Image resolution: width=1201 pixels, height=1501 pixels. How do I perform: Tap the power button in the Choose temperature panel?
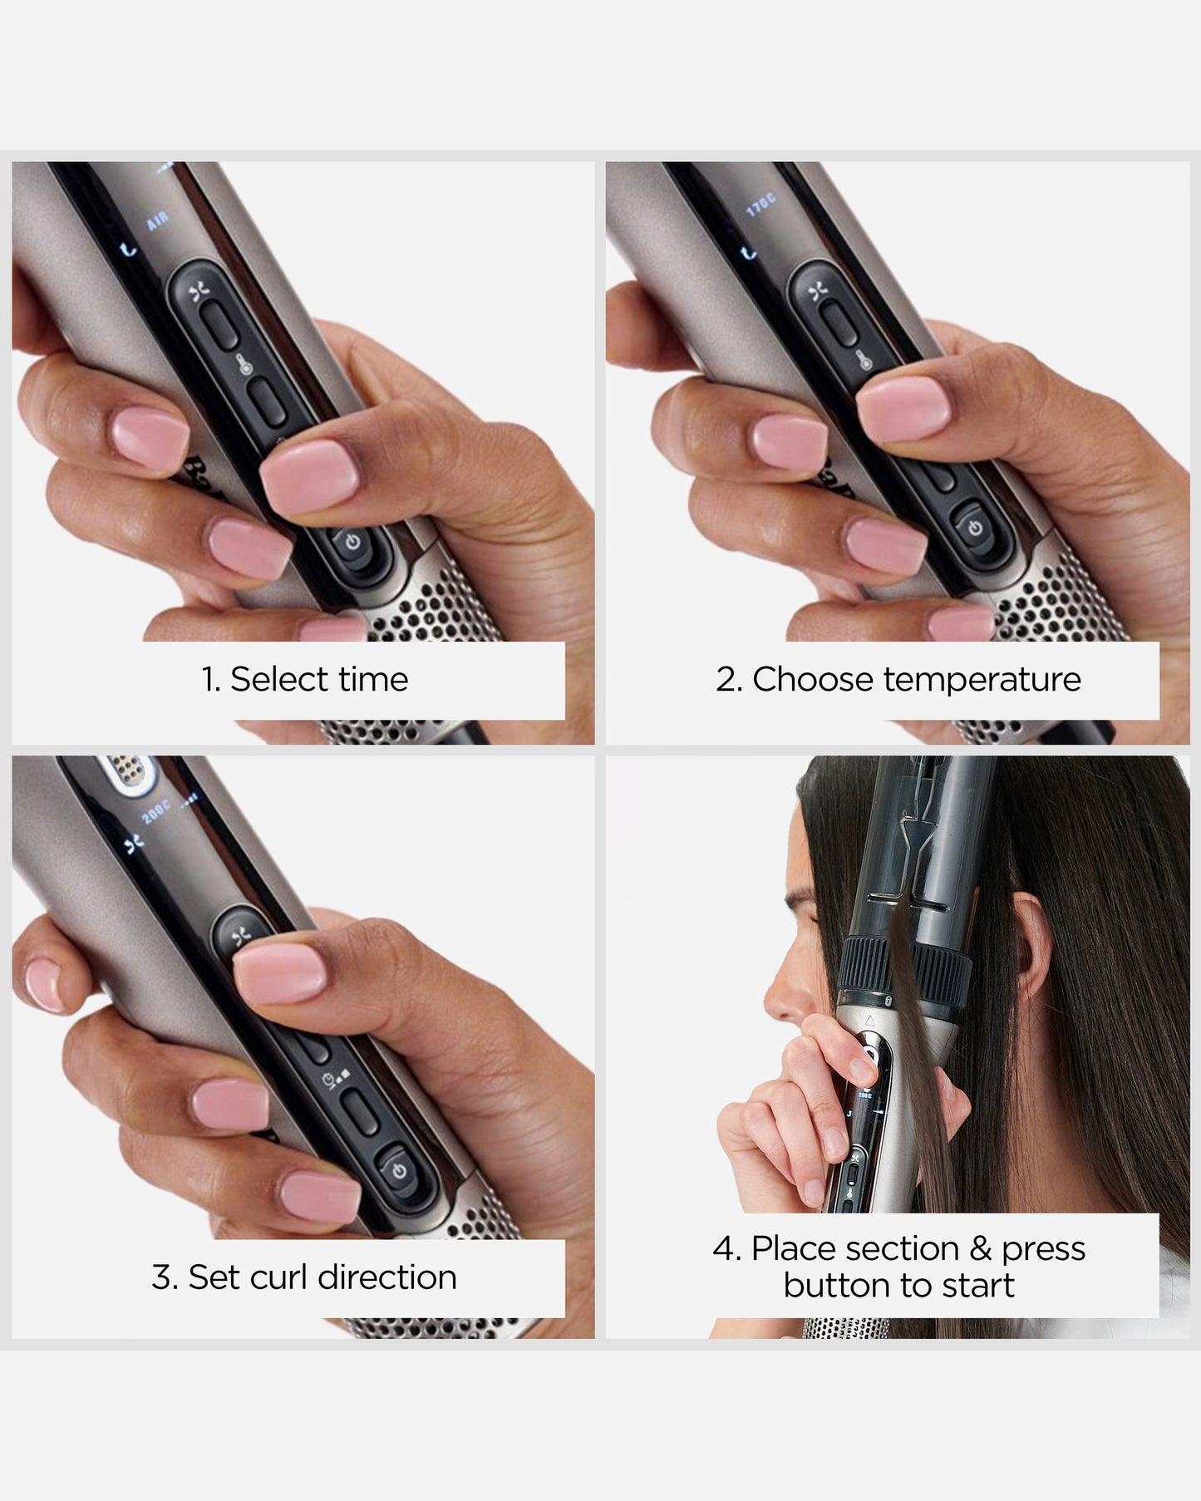pyautogui.click(x=974, y=528)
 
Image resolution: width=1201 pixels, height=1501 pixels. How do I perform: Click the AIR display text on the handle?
pyautogui.click(x=157, y=220)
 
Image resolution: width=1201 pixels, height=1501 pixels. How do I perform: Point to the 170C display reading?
pyautogui.click(x=760, y=204)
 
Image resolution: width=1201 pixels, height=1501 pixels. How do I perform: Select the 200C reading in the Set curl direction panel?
pyautogui.click(x=155, y=811)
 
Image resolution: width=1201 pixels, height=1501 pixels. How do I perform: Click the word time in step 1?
pyautogui.click(x=374, y=680)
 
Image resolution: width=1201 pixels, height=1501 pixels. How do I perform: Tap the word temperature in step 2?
pyautogui.click(x=982, y=680)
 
